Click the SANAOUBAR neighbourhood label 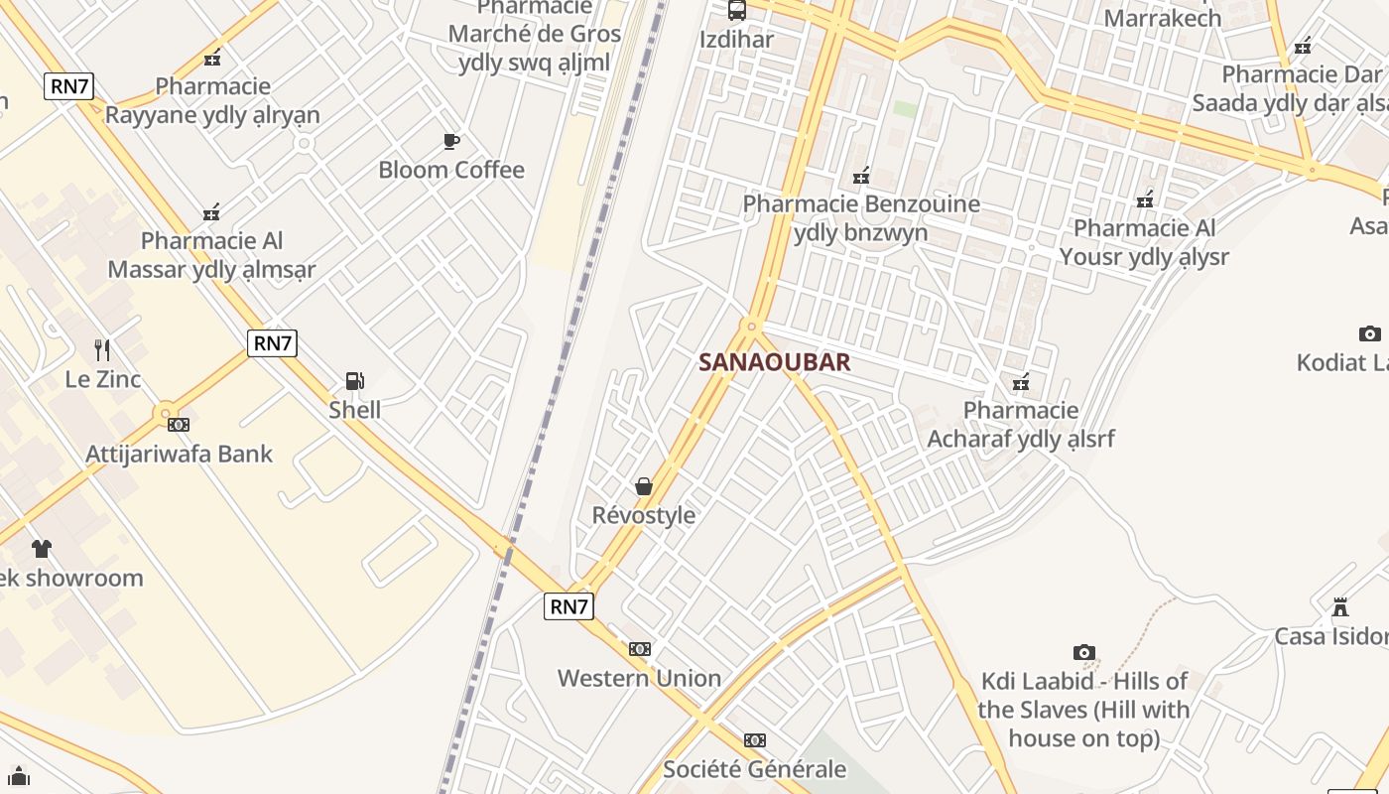[774, 362]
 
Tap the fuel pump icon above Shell [354, 380]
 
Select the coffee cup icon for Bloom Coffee [450, 142]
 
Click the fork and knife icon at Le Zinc [102, 349]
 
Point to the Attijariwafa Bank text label [179, 454]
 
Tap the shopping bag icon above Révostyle [644, 486]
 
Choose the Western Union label [639, 679]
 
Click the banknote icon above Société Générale [755, 740]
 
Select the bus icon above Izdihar [736, 11]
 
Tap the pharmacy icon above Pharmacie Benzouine [861, 176]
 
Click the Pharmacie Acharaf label [1021, 424]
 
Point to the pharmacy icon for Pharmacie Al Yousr [1145, 199]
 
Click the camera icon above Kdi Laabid [1084, 652]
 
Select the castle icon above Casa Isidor [1340, 606]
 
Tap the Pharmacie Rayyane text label [212, 100]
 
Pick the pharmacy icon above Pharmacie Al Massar [211, 212]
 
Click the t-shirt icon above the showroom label [41, 549]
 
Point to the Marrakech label [1163, 17]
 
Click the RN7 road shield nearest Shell [273, 343]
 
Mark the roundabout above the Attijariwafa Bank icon [166, 412]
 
